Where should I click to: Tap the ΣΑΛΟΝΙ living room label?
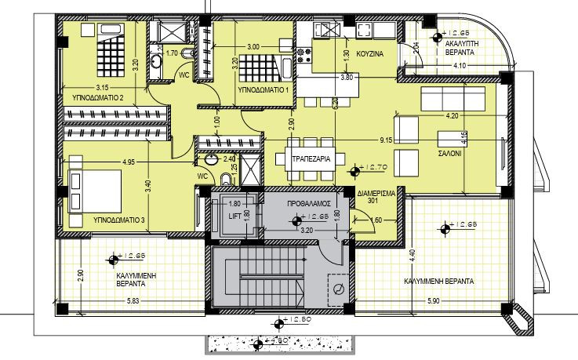(450, 155)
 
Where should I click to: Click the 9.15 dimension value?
(384, 140)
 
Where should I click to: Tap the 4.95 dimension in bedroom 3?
(129, 162)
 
